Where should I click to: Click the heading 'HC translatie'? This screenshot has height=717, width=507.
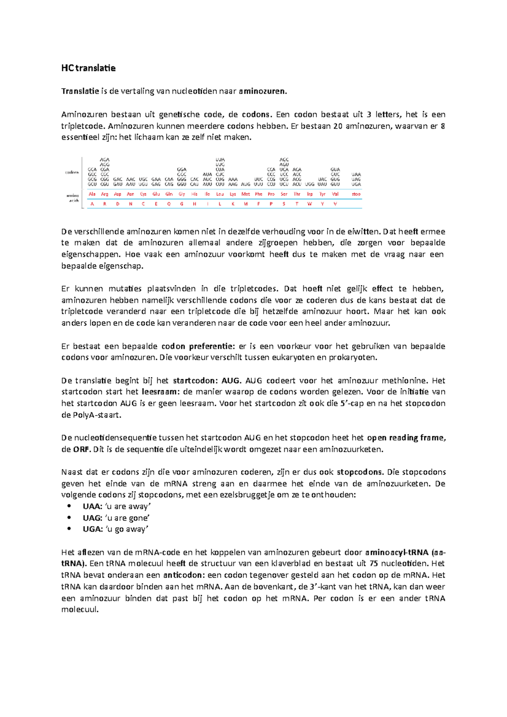[x=88, y=68]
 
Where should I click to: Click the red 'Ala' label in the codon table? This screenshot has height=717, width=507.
[x=92, y=194]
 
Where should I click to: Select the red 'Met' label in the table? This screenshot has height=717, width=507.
[x=245, y=194]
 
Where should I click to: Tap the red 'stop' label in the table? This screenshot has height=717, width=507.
[x=356, y=194]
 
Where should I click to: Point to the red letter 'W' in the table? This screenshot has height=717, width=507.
[x=310, y=204]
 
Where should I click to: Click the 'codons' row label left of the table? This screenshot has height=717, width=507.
[x=72, y=172]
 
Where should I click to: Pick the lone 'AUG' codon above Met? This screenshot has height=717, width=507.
[x=245, y=185]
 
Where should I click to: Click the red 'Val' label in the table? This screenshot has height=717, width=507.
[x=335, y=194]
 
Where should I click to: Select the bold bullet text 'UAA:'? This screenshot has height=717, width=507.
[x=93, y=506]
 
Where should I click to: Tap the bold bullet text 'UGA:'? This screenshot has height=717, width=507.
[x=93, y=529]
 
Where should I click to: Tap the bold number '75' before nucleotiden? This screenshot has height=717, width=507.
[x=373, y=564]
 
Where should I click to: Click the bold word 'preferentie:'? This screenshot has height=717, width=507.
[x=212, y=346]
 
